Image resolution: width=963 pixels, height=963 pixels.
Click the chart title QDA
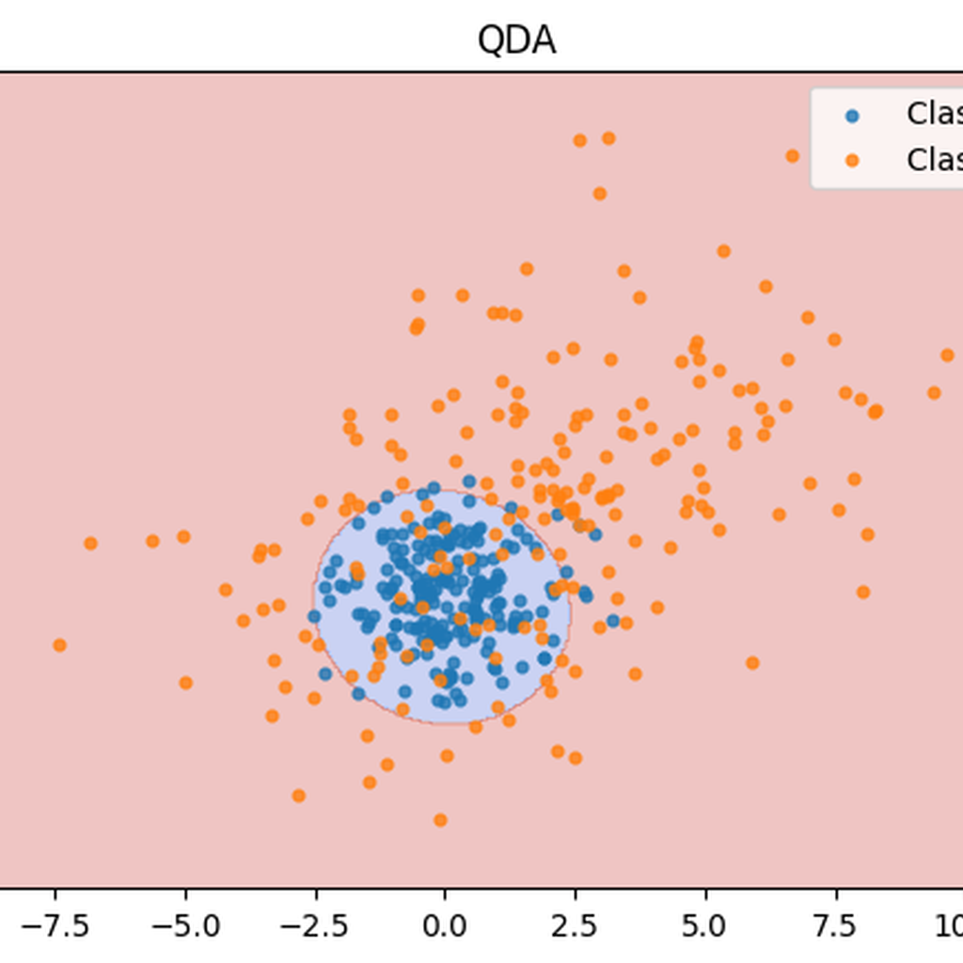tap(516, 40)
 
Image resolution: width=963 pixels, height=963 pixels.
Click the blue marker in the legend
tap(852, 116)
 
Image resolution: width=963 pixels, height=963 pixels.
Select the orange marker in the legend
tap(852, 160)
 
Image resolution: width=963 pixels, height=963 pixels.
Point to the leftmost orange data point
tap(59, 645)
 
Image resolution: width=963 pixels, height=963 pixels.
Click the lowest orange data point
tap(439, 820)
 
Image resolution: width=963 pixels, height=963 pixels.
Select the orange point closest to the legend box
tap(792, 156)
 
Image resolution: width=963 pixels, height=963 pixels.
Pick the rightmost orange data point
tap(947, 355)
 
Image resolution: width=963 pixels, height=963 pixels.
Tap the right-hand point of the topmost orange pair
tap(608, 138)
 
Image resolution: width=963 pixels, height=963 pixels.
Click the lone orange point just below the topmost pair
tap(599, 194)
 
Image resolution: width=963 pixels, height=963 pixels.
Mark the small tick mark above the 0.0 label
tap(445, 892)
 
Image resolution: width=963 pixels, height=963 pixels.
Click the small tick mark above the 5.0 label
tap(704, 892)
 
